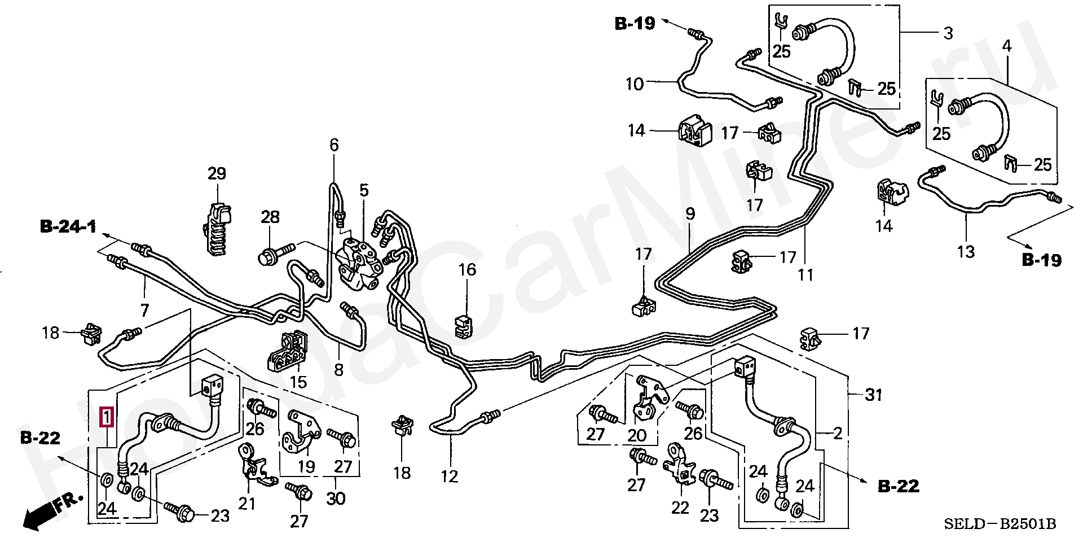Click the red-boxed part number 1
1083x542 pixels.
(x=107, y=417)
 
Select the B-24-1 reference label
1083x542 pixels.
(x=68, y=228)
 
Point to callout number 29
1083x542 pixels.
(x=217, y=173)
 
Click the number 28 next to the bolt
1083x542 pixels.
(x=270, y=216)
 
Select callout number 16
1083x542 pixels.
(x=467, y=269)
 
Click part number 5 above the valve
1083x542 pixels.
(x=364, y=190)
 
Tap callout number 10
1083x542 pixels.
(x=635, y=84)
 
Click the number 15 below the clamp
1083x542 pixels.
(x=298, y=382)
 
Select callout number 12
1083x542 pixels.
(x=450, y=476)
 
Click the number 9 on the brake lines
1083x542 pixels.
(x=690, y=214)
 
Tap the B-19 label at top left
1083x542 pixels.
(x=635, y=24)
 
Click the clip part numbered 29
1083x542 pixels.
(x=217, y=229)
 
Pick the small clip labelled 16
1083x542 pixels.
(x=463, y=327)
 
